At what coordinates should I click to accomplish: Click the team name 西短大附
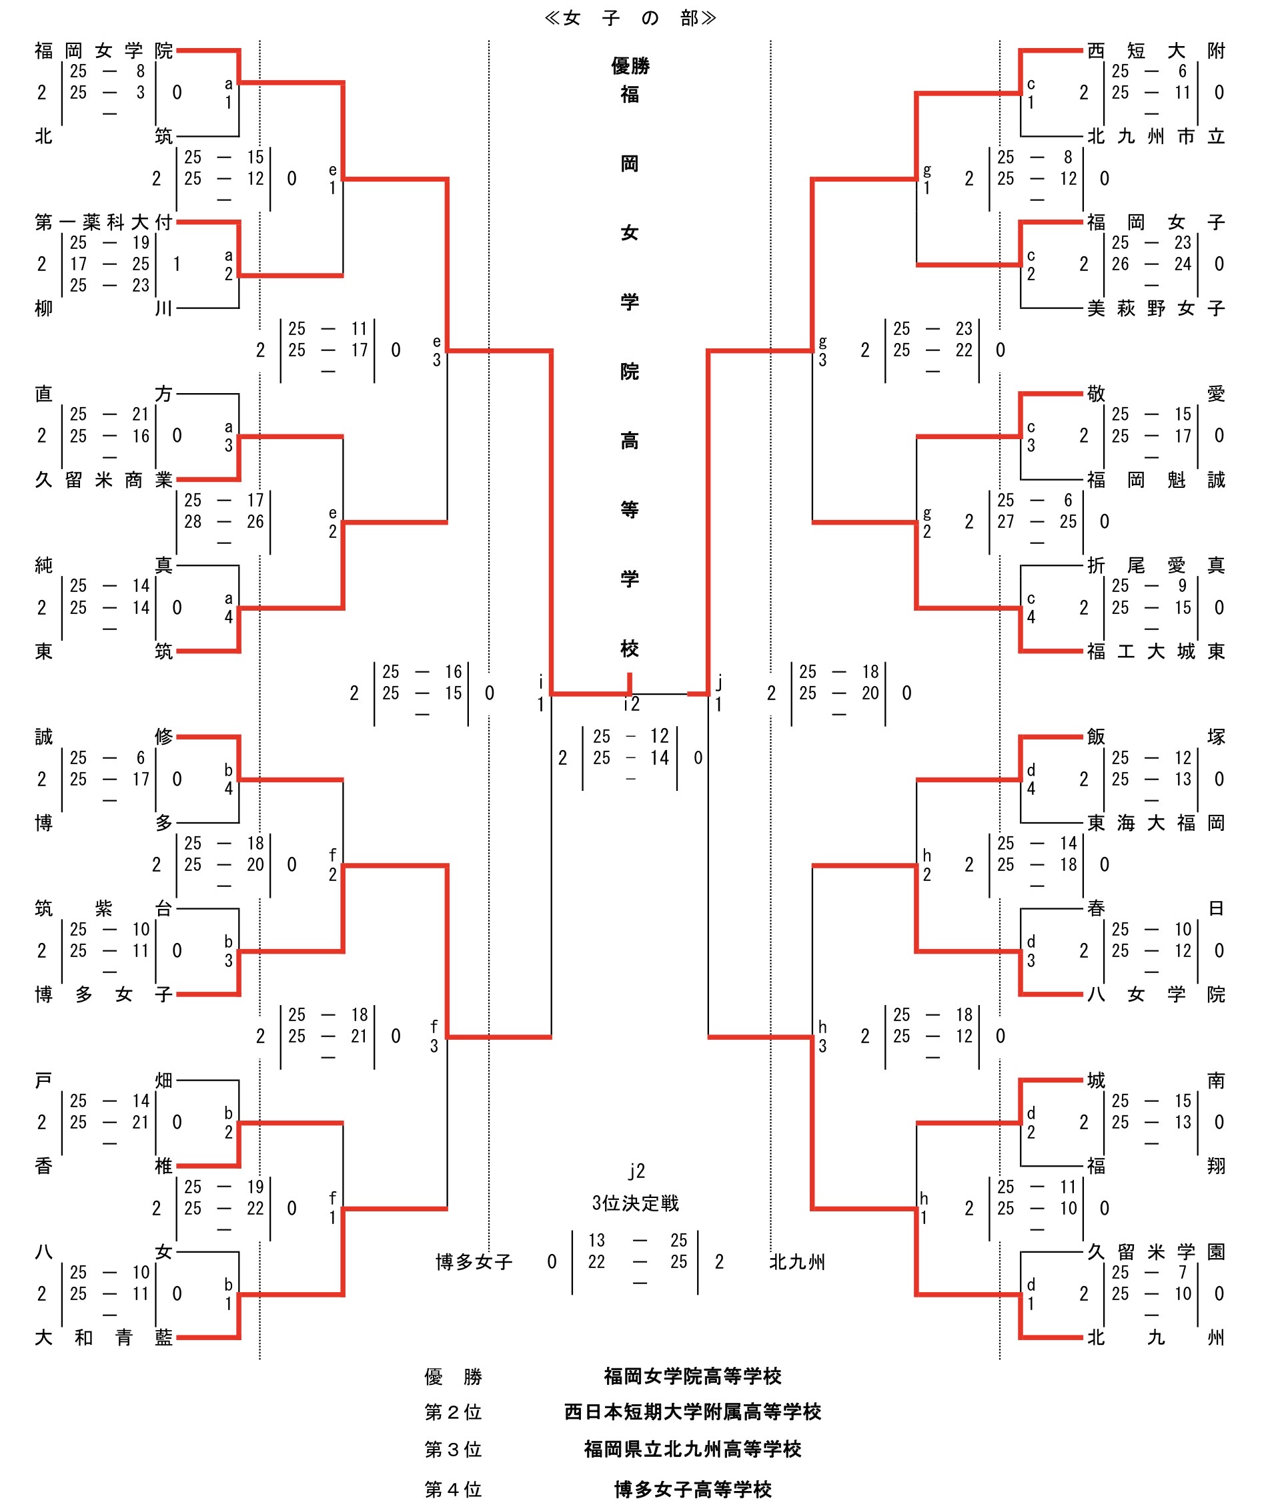tap(1155, 51)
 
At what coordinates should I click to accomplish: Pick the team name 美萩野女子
tap(1155, 308)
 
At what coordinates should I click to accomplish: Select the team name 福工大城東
tap(1155, 651)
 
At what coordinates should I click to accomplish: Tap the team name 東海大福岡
tap(1155, 822)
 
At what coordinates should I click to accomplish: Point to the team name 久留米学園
tap(1155, 1252)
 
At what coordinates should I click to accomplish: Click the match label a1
tap(228, 93)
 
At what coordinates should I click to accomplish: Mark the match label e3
tap(436, 351)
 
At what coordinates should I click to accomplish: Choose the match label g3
tap(822, 351)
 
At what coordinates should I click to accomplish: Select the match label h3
tap(822, 1036)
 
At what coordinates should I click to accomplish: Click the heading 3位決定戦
tap(635, 1203)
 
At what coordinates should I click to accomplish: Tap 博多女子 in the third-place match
tap(474, 1262)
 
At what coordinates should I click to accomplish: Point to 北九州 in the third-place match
tap(797, 1262)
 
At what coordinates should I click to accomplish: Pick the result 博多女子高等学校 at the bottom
tap(692, 1489)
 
